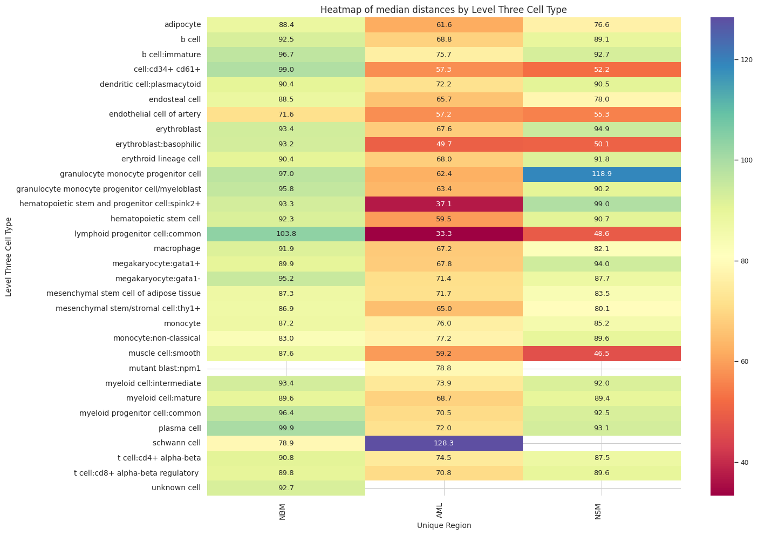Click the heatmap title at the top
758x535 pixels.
coord(443,10)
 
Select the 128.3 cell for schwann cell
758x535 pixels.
coord(444,443)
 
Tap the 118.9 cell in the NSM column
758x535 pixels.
coord(602,174)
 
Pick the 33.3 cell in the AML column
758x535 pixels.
coord(444,234)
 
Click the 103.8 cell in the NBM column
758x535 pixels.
coord(286,234)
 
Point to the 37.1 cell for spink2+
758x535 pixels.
coord(444,204)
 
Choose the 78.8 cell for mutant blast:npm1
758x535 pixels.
coord(444,368)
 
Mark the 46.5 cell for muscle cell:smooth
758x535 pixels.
coord(602,353)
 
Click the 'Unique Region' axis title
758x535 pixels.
coord(444,525)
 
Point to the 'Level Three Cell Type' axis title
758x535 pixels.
coord(8,256)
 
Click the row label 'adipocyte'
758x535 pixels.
coord(182,24)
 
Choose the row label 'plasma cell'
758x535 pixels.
coord(180,428)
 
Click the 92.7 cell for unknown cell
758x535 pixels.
coord(286,487)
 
